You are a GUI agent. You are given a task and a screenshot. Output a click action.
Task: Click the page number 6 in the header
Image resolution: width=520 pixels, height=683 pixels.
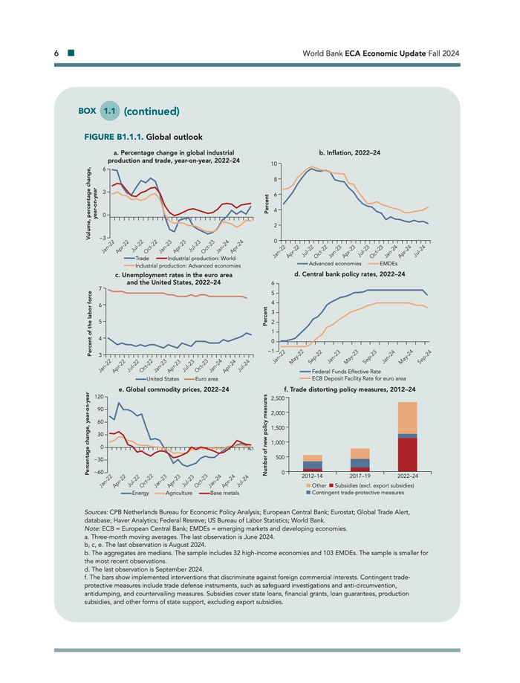pos(56,54)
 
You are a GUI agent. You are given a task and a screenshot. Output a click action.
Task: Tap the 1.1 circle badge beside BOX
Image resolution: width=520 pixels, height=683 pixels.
pos(110,111)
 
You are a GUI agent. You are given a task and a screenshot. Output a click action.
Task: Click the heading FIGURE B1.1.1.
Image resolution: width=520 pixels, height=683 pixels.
pos(116,137)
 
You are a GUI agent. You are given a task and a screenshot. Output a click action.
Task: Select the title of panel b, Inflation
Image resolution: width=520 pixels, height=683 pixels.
pos(349,152)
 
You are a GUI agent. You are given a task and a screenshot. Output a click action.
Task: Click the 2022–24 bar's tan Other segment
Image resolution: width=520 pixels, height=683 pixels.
pos(407,417)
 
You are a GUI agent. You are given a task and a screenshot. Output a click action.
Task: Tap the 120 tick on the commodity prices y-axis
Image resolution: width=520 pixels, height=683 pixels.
pos(99,399)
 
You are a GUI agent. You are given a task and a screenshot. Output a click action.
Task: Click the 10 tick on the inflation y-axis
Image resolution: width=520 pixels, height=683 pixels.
pos(275,164)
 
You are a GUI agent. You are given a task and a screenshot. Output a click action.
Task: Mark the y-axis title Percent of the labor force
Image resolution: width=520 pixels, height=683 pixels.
pos(89,320)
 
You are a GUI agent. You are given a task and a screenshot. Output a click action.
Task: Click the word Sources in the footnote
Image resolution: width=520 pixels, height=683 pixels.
pos(99,512)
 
